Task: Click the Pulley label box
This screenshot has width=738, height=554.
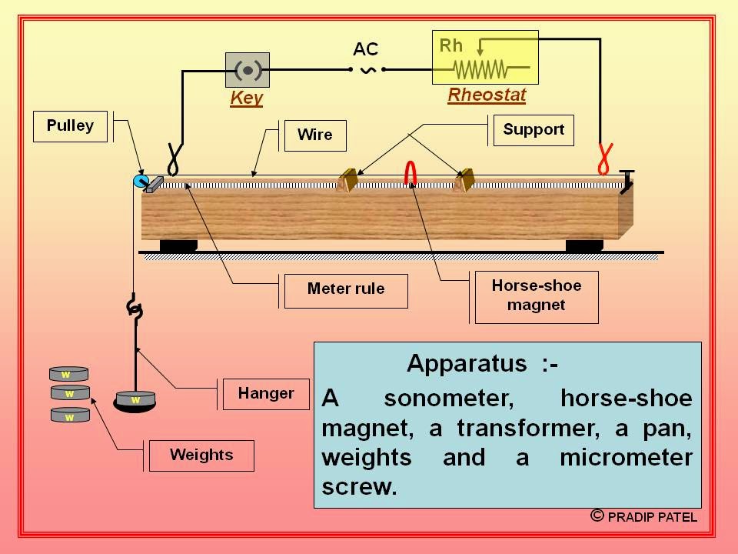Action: [x=70, y=126]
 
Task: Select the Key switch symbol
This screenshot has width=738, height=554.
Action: [x=248, y=71]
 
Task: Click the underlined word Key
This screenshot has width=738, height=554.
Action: [x=246, y=98]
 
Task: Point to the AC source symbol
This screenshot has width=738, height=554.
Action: [x=366, y=70]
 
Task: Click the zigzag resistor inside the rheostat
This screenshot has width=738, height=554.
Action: [x=481, y=70]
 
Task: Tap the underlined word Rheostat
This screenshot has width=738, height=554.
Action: [x=487, y=95]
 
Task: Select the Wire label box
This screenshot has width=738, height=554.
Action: [x=315, y=135]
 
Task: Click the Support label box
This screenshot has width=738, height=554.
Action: [x=534, y=130]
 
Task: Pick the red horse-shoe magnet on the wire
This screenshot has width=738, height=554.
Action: [x=411, y=173]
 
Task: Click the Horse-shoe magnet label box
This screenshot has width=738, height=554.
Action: [x=537, y=295]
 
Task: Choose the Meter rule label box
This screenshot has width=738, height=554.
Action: [x=346, y=290]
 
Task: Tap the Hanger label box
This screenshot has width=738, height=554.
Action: [x=266, y=394]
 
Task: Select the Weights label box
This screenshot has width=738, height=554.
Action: [x=201, y=455]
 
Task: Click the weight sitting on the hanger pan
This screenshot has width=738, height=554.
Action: [x=135, y=400]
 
